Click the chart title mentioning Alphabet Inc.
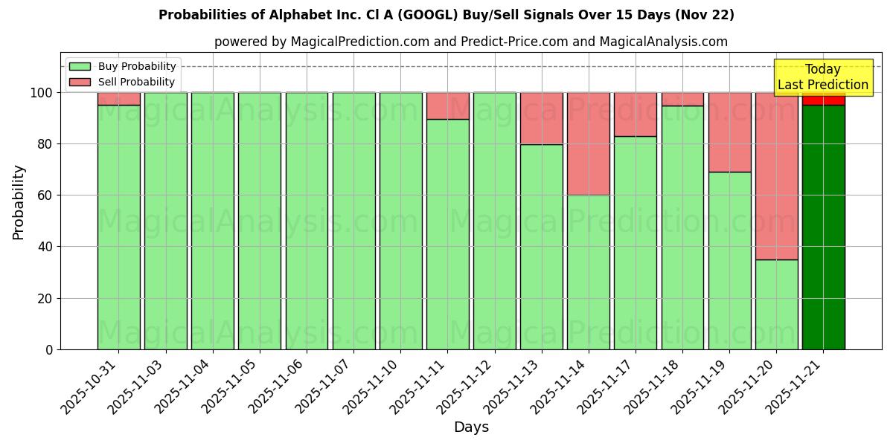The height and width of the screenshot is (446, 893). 446,15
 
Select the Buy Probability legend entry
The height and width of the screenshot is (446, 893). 123,66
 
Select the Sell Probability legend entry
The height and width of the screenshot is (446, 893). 123,82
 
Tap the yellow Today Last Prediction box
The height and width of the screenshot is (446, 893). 822,77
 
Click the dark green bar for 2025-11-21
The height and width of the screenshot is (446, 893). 823,227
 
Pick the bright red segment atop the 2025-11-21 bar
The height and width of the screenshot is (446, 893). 823,99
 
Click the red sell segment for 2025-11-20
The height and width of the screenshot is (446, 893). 776,175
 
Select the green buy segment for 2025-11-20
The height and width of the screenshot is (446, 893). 776,304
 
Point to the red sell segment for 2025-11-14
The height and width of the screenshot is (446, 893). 588,143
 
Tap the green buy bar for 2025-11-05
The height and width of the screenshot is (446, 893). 259,221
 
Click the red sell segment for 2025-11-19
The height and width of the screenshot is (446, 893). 729,132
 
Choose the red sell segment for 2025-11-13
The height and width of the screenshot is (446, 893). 541,118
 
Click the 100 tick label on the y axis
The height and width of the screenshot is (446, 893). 42,93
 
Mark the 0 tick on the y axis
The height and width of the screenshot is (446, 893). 49,349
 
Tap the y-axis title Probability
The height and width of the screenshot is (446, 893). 19,201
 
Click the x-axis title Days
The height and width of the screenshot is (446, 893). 471,427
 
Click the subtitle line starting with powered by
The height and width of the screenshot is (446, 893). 471,42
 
